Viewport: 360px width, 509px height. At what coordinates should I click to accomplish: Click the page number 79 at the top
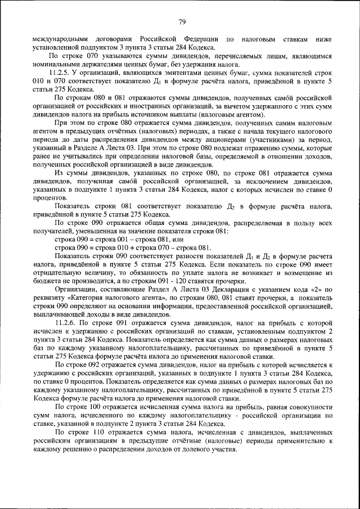pyautogui.click(x=182, y=22)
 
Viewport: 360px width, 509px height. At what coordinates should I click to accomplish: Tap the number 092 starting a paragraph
pyautogui.click(x=94, y=366)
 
